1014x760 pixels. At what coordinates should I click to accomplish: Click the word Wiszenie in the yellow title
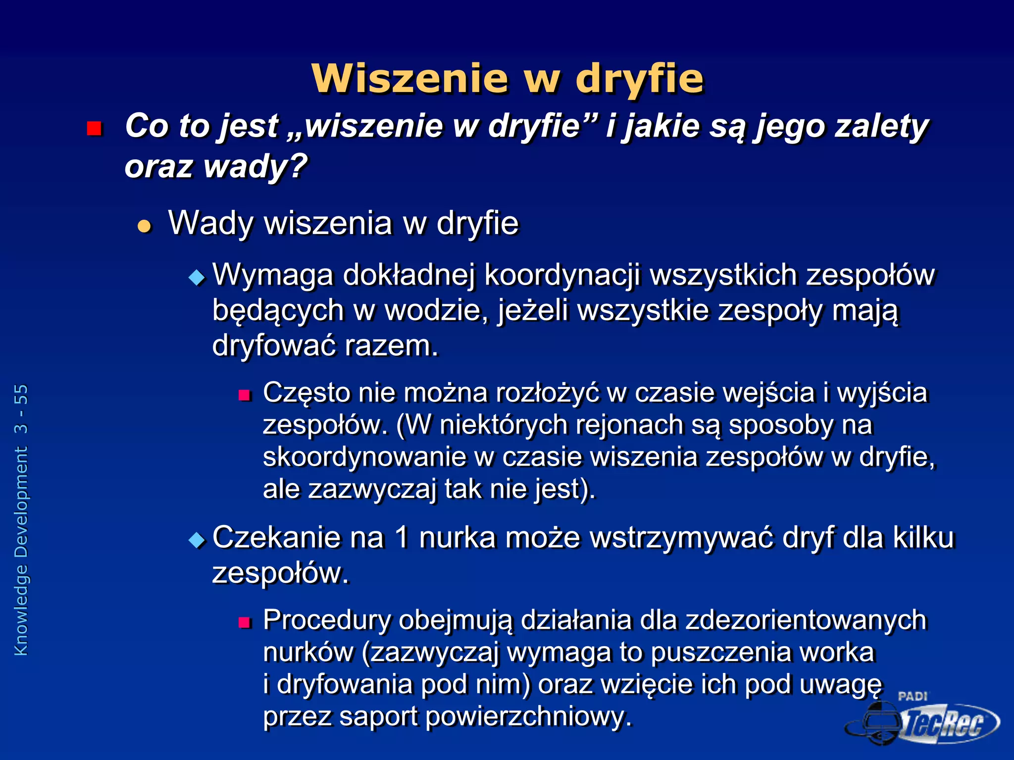click(410, 79)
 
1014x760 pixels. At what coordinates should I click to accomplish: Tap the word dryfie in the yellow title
click(639, 79)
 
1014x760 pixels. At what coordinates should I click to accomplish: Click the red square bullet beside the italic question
click(94, 129)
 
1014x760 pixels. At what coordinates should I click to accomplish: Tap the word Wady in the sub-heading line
click(211, 223)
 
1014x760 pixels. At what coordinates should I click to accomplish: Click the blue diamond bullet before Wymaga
click(197, 277)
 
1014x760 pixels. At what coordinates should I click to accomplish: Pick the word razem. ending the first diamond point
click(391, 345)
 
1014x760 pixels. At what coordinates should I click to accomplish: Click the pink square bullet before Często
click(245, 395)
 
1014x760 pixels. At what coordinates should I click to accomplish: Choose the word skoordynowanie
click(364, 457)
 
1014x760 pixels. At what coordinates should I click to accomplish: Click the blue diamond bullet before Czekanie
click(197, 540)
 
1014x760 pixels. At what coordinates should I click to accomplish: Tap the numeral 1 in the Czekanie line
click(402, 537)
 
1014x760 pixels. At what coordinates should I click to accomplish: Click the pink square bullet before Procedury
click(245, 622)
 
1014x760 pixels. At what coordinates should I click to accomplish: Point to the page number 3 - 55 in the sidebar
click(21, 409)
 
